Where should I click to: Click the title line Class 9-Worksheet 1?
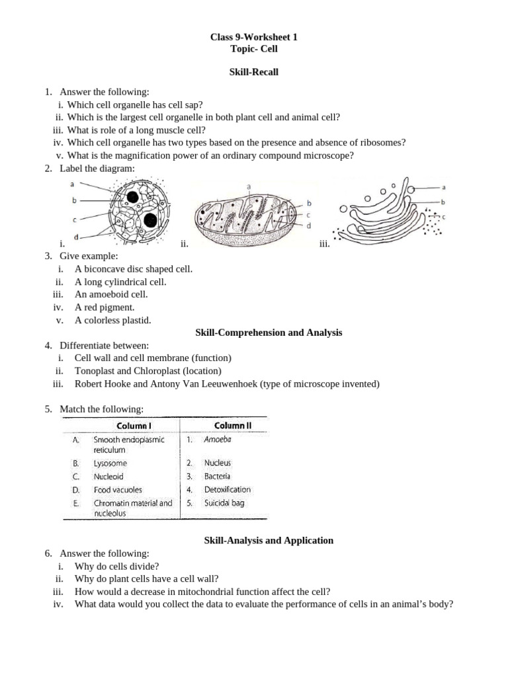254,38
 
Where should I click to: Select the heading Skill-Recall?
254,72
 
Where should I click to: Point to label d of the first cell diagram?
77,237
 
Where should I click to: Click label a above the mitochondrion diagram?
249,187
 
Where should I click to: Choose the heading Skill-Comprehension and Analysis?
269,333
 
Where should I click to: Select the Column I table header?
135,426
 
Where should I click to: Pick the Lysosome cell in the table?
110,463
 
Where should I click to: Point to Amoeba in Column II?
218,439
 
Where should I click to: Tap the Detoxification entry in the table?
228,490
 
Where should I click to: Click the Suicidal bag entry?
224,503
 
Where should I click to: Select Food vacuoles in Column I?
118,490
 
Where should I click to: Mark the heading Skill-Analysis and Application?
268,540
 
